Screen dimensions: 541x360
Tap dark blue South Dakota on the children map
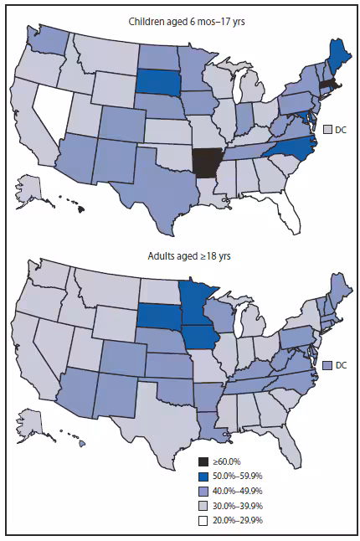152,80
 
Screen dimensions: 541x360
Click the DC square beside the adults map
327,365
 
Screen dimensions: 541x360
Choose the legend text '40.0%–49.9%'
239,488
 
